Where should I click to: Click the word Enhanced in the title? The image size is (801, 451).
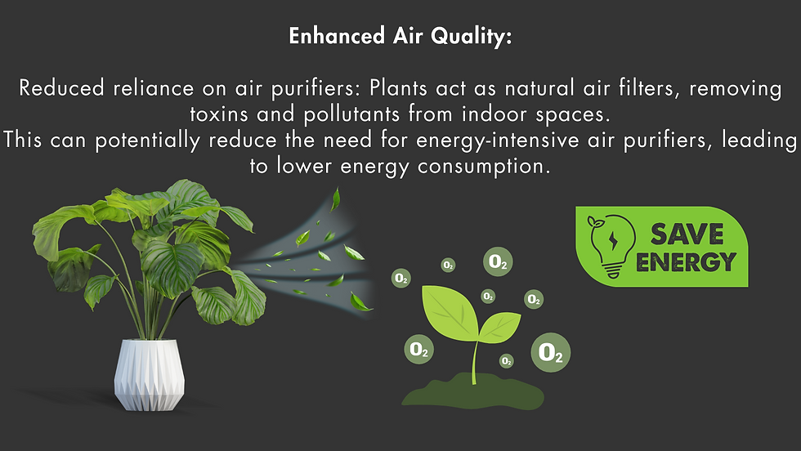[337, 36]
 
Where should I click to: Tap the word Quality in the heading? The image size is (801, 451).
[471, 37]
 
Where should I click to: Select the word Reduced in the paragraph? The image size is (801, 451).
[62, 88]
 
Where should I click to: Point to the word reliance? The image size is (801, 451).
[154, 88]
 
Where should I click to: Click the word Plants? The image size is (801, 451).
[399, 88]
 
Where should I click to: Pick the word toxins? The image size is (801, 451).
[219, 114]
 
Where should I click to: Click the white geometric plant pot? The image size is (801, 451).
[149, 374]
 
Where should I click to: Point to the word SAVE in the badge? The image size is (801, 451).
[687, 234]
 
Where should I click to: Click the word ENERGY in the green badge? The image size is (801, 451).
[686, 262]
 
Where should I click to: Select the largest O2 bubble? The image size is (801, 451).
[551, 352]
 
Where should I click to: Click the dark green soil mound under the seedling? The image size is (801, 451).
[472, 393]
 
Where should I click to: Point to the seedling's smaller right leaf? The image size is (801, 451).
[499, 327]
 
